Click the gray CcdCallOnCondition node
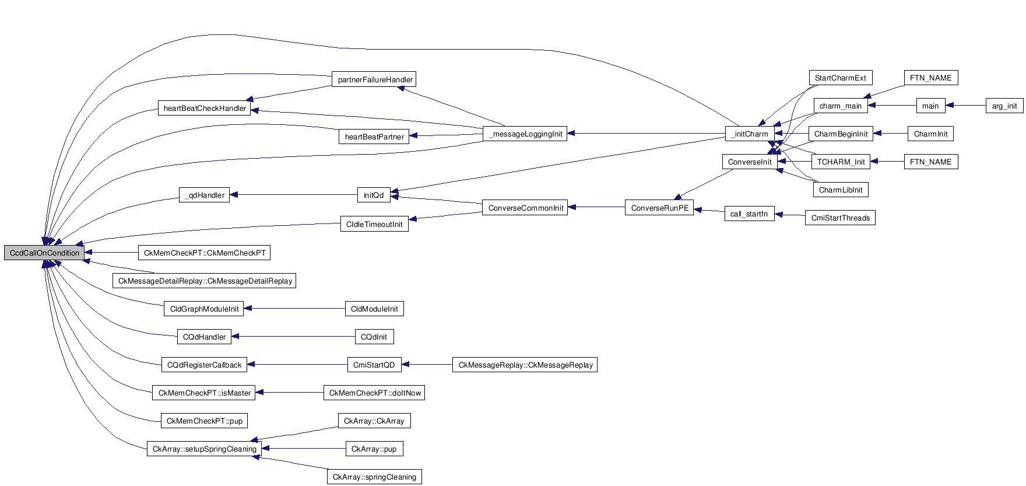pyautogui.click(x=44, y=253)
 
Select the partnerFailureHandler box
pyautogui.click(x=375, y=79)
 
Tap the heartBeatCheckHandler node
pyautogui.click(x=205, y=108)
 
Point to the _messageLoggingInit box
pyautogui.click(x=525, y=134)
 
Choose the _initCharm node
pyautogui.click(x=750, y=134)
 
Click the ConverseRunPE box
pyautogui.click(x=659, y=208)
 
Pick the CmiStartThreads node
pyautogui.click(x=840, y=218)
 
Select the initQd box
pyautogui.click(x=374, y=195)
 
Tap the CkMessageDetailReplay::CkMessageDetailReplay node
pyautogui.click(x=205, y=281)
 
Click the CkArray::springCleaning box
pyautogui.click(x=374, y=477)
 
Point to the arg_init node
pyautogui.click(x=1004, y=106)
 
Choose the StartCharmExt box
pyautogui.click(x=840, y=78)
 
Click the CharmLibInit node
pyautogui.click(x=840, y=190)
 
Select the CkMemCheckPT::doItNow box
pyautogui.click(x=374, y=393)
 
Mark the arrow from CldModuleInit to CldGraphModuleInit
pyautogui.click(x=294, y=309)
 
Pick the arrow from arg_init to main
pyautogui.click(x=965, y=106)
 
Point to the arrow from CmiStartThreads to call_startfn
pyautogui.click(x=790, y=215)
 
